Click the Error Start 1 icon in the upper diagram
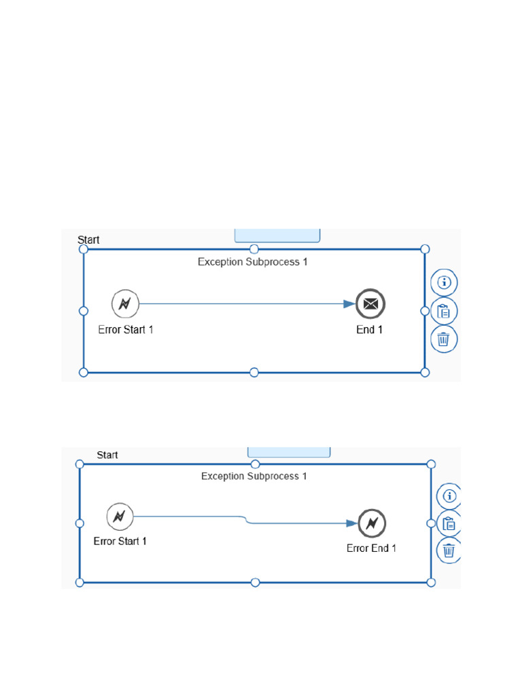(125, 303)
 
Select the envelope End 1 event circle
(370, 304)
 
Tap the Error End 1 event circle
(372, 523)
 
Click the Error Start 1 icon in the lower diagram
(120, 517)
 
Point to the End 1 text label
(370, 330)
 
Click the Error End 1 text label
(371, 548)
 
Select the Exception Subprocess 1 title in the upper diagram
(252, 262)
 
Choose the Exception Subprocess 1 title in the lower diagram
(254, 476)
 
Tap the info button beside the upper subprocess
(445, 282)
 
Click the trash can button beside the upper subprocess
(444, 339)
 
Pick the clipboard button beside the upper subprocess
(444, 312)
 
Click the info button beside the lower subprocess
(449, 497)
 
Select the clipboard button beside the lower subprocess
(449, 524)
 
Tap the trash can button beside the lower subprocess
(449, 550)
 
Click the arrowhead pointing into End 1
(349, 304)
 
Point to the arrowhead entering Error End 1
(351, 523)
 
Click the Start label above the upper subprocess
(88, 240)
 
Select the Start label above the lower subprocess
(107, 455)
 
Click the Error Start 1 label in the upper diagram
(126, 330)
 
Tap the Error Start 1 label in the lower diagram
(120, 542)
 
